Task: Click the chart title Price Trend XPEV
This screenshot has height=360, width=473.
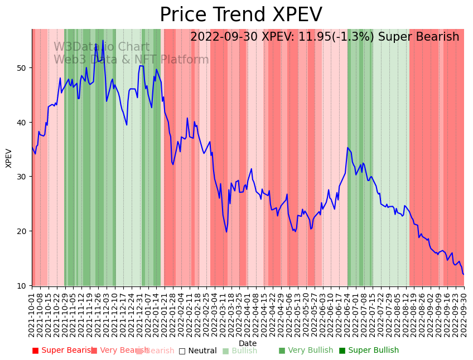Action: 241,15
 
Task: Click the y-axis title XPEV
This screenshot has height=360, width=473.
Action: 9,158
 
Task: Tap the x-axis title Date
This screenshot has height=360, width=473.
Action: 248,344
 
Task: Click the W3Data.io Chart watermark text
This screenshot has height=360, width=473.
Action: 102,47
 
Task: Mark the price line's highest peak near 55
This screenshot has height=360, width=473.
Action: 103,40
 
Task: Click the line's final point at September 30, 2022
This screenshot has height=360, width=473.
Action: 464,274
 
